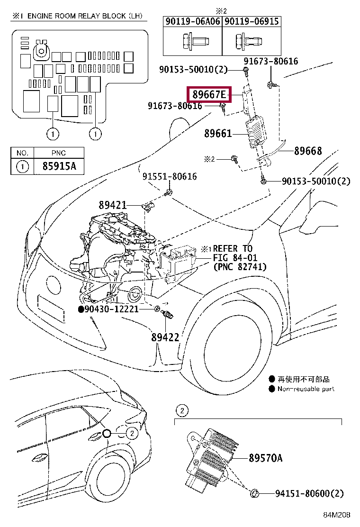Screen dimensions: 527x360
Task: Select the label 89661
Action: click(x=218, y=134)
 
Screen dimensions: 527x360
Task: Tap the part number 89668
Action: click(x=308, y=151)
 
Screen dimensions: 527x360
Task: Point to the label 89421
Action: click(x=113, y=205)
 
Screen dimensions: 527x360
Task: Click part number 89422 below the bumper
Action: click(x=165, y=337)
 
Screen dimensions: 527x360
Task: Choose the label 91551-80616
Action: click(x=170, y=177)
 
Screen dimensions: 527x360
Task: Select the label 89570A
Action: click(x=265, y=458)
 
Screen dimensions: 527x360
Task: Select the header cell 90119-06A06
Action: click(x=193, y=21)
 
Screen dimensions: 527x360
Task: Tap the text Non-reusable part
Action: click(x=306, y=389)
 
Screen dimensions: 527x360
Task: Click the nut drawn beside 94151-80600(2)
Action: click(x=254, y=494)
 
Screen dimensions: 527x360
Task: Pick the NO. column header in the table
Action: click(x=22, y=153)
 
